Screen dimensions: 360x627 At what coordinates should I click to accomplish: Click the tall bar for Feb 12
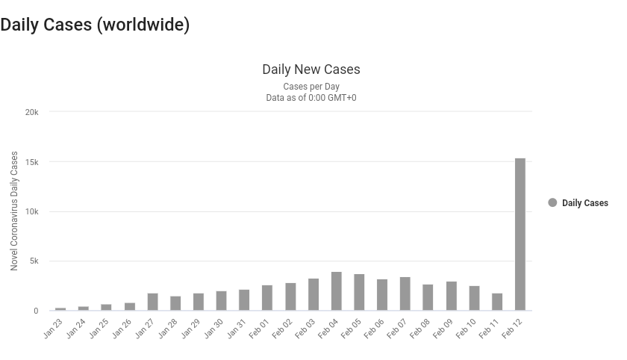pyautogui.click(x=520, y=235)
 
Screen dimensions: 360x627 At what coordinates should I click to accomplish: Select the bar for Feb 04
pyautogui.click(x=336, y=291)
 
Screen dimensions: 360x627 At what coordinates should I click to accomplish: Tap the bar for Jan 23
pyautogui.click(x=60, y=308)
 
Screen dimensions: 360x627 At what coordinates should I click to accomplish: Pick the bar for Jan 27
pyautogui.click(x=152, y=302)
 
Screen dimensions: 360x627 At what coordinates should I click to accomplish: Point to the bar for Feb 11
pyautogui.click(x=497, y=302)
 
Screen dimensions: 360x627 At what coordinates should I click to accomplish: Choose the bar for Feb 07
pyautogui.click(x=405, y=294)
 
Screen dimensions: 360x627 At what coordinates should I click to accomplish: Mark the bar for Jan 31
pyautogui.click(x=244, y=300)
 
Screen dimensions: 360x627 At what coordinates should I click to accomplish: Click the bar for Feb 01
pyautogui.click(x=267, y=298)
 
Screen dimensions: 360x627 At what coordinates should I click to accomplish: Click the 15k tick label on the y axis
pyautogui.click(x=31, y=162)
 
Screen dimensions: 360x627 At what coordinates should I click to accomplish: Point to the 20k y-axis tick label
pyautogui.click(x=31, y=112)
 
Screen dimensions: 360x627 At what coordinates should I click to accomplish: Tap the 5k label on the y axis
pyautogui.click(x=34, y=261)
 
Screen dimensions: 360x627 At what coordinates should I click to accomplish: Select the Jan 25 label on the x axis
pyautogui.click(x=99, y=329)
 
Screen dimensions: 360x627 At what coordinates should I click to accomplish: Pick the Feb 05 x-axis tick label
pyautogui.click(x=352, y=329)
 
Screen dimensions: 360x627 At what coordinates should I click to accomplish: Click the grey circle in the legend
pyautogui.click(x=552, y=202)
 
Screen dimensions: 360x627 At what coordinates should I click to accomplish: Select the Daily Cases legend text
pyautogui.click(x=584, y=203)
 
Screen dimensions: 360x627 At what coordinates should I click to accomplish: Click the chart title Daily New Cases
pyautogui.click(x=311, y=69)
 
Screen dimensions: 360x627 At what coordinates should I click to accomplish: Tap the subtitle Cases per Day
pyautogui.click(x=311, y=87)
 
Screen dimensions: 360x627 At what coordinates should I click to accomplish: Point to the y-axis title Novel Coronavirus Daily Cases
pyautogui.click(x=14, y=211)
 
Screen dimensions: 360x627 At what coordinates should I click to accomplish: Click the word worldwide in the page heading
pyautogui.click(x=146, y=25)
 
